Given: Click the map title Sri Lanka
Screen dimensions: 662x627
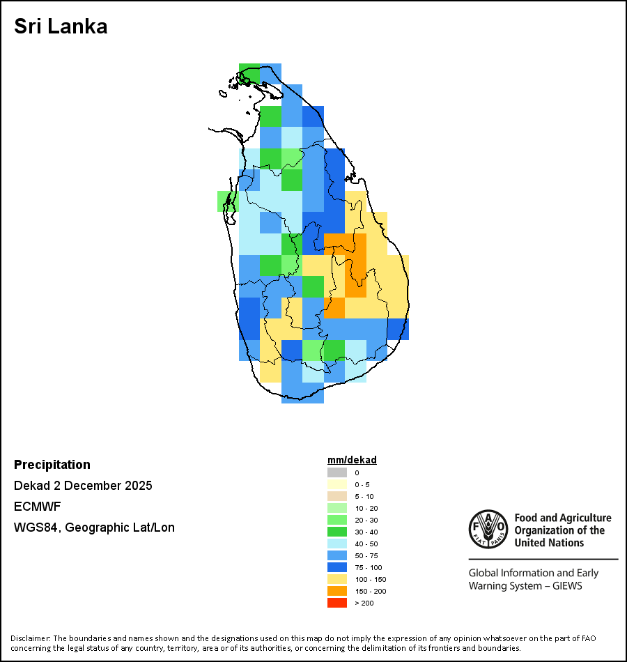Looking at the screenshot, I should tap(61, 27).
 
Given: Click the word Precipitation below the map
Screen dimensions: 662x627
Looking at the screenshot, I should tap(52, 465).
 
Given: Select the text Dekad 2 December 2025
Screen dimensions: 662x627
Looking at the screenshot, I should tap(83, 486).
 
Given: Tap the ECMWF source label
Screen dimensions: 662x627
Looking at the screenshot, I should tap(36, 507).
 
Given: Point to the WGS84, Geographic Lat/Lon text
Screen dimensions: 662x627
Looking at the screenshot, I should tap(94, 528).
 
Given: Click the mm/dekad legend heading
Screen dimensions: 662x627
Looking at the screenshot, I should tap(352, 460).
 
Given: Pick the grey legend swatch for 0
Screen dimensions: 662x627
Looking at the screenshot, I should tap(337, 472).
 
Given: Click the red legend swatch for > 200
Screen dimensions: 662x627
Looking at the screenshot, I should tap(337, 603).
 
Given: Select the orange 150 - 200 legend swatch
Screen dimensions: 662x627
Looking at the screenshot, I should tap(337, 591).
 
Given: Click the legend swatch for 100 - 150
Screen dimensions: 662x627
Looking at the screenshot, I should tap(337, 579).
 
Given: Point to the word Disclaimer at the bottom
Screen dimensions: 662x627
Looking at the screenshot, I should tap(29, 638).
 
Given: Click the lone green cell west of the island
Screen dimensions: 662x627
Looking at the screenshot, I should tap(228, 201).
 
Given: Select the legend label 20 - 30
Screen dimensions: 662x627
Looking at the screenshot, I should tap(366, 520).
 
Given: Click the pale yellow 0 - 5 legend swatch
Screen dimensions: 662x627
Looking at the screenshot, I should tap(337, 484).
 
